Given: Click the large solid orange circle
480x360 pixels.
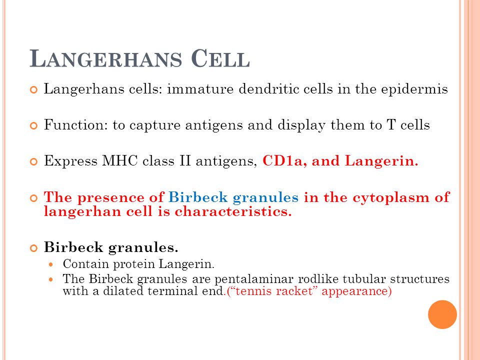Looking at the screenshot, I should click(x=442, y=314).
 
